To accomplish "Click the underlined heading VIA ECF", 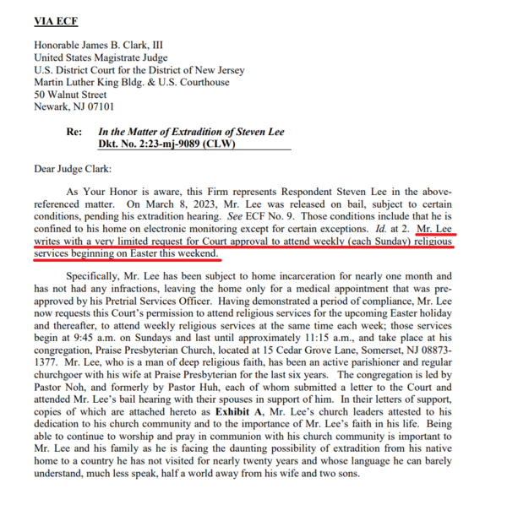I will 56,20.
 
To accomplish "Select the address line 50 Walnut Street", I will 71,95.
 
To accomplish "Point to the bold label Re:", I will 75,133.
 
